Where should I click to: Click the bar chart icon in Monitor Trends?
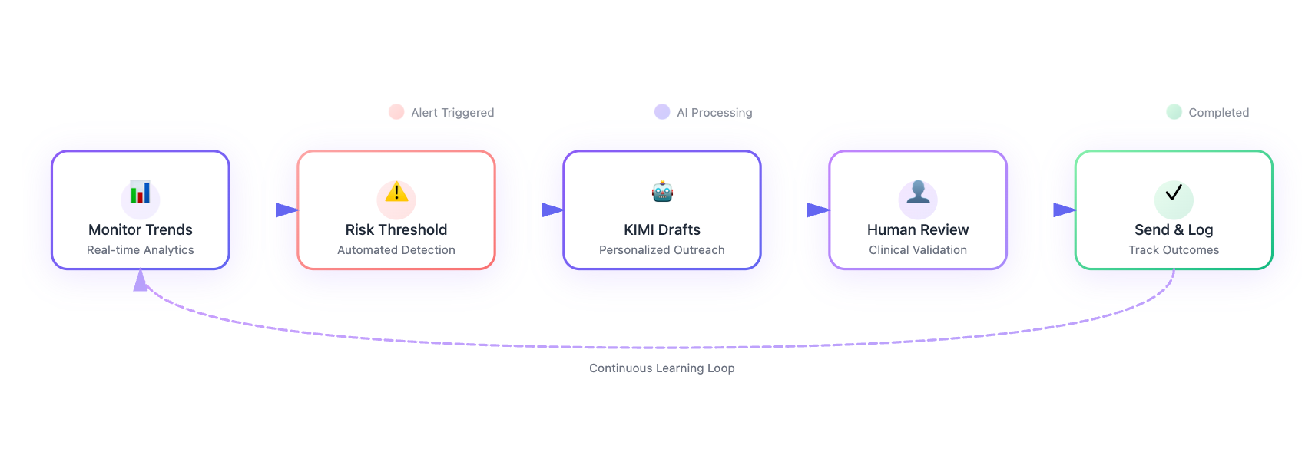pyautogui.click(x=140, y=193)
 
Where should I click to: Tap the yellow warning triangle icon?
pyautogui.click(x=396, y=192)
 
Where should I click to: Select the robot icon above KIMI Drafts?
pyautogui.click(x=662, y=191)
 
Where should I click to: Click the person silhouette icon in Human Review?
pyautogui.click(x=918, y=192)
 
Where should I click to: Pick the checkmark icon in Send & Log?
pyautogui.click(x=1174, y=193)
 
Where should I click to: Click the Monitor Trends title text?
pyautogui.click(x=141, y=229)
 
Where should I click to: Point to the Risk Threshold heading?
pyautogui.click(x=396, y=229)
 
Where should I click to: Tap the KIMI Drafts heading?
pyautogui.click(x=662, y=229)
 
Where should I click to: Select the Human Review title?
pyautogui.click(x=918, y=229)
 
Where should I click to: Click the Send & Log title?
pyautogui.click(x=1174, y=229)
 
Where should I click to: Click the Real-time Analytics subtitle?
pyautogui.click(x=141, y=250)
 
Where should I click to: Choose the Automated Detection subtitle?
pyautogui.click(x=396, y=250)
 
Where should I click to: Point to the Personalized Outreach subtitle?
pyautogui.click(x=662, y=250)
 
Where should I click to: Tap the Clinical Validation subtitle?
pyautogui.click(x=918, y=250)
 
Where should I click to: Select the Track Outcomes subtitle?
pyautogui.click(x=1174, y=250)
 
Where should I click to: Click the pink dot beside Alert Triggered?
pyautogui.click(x=396, y=112)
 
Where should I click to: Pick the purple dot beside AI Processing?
pyautogui.click(x=662, y=112)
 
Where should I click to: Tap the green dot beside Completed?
pyautogui.click(x=1174, y=112)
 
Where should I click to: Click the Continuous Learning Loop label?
pyautogui.click(x=662, y=368)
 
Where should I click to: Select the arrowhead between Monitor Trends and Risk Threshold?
pyautogui.click(x=287, y=210)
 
